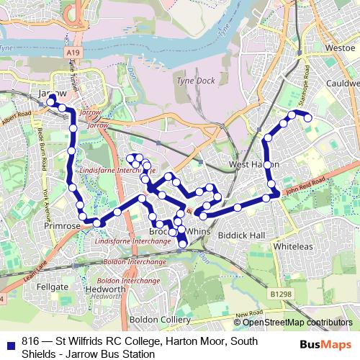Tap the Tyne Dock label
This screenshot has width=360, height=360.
[194, 81]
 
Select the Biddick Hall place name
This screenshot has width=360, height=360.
[242, 235]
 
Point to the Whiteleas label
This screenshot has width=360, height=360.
[292, 246]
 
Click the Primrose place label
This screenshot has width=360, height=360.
[63, 226]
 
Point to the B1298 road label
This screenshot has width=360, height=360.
[282, 294]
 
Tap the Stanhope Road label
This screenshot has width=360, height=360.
[305, 80]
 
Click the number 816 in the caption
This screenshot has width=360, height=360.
[30, 341]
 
